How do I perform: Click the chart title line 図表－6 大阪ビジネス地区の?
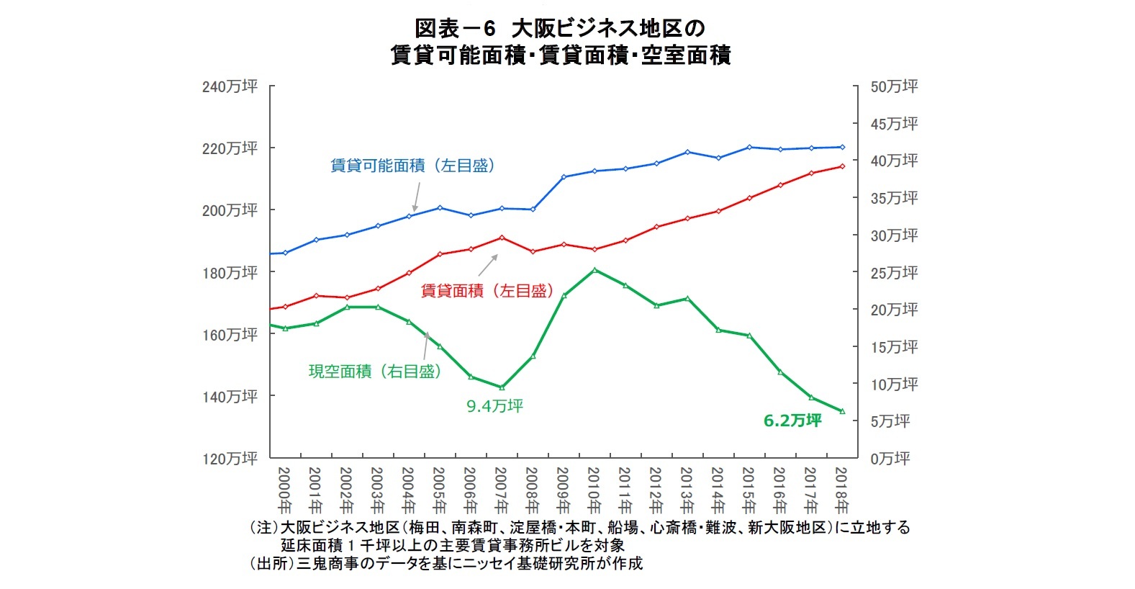point(560,29)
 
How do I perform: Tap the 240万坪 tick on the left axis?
point(230,86)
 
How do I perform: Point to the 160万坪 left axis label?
point(230,335)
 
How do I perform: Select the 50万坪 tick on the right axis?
point(894,86)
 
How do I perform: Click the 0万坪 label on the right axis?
point(890,459)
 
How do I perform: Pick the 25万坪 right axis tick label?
point(894,273)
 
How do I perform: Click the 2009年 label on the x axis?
point(563,489)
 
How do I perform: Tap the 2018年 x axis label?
point(841,489)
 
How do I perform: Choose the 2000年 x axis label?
point(284,489)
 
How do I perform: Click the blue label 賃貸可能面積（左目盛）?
point(412,166)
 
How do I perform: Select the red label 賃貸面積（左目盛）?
point(487,291)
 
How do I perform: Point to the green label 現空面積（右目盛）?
point(374,372)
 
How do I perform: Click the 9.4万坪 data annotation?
point(494,406)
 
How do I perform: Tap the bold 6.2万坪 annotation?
point(792,421)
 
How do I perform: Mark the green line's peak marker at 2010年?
point(594,270)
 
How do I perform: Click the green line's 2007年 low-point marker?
point(502,387)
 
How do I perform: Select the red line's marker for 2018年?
point(842,166)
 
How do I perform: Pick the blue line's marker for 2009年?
point(564,176)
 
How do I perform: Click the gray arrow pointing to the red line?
point(488,264)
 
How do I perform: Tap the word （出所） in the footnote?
point(271,563)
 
